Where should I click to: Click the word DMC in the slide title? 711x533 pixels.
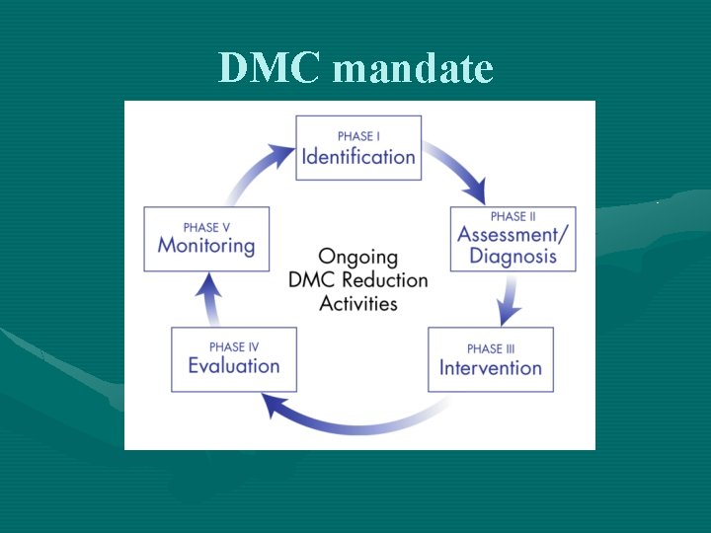258,68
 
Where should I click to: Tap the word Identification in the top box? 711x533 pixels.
358,156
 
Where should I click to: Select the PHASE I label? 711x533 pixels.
358,135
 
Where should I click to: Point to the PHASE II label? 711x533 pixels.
513,216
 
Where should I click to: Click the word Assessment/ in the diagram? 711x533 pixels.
513,235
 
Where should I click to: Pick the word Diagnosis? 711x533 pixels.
513,257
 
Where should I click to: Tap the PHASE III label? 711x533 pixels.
491,348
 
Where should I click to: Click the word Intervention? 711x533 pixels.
491,368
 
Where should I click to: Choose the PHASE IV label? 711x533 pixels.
234,346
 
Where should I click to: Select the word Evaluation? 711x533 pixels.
234,365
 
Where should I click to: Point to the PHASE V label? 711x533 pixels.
206,227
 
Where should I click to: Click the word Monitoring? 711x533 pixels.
206,246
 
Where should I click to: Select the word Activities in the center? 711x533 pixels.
358,303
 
